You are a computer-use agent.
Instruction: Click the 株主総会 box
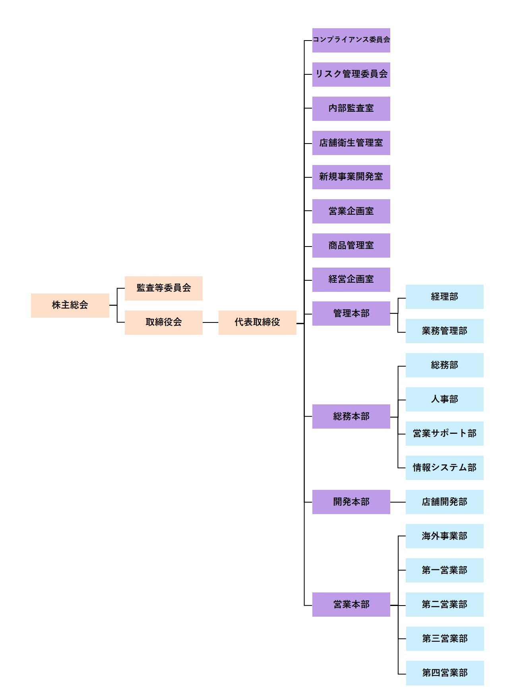70,305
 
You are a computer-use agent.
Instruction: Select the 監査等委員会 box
163,288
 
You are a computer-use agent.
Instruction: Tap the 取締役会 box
163,322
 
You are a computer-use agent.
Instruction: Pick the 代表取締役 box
257,322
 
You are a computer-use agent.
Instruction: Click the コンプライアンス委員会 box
351,40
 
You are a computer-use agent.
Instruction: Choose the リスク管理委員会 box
351,74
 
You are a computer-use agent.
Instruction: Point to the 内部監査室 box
351,109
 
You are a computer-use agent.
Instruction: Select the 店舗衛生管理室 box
351,143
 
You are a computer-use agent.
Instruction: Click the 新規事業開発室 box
351,177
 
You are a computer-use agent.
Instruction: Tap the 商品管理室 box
351,245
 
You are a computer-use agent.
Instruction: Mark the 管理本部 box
351,314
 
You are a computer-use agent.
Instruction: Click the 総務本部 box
351,416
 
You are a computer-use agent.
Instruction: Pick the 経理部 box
444,297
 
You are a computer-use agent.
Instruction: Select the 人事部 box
444,399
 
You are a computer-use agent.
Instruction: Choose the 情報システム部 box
444,468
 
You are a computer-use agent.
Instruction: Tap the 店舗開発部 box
444,502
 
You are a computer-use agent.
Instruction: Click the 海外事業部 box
444,536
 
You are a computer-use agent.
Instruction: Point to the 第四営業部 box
445,673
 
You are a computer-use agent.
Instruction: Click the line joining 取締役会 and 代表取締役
210,322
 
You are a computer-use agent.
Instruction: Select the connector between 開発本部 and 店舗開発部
398,502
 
